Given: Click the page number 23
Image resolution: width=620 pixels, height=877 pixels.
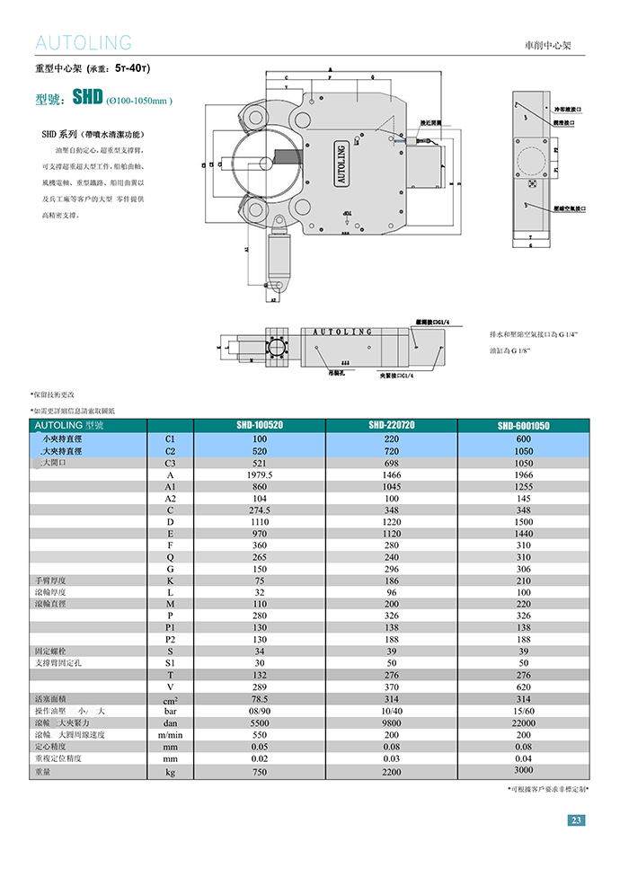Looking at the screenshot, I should coord(576,819).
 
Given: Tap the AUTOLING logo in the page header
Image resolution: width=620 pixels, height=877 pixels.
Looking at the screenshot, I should coord(84,42).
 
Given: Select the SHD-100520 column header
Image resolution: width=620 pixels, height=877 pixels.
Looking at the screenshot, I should coord(260,425).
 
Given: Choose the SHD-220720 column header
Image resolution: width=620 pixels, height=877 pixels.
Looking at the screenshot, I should coord(391,424).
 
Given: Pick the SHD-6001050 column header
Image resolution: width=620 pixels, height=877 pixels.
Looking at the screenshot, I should coord(524,426).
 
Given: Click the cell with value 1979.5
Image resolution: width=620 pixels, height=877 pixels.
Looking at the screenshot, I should coord(260,474).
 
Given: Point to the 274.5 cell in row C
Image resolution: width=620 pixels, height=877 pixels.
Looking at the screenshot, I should coord(260,509).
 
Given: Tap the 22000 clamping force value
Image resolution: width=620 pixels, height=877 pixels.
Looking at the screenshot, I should coord(524,722).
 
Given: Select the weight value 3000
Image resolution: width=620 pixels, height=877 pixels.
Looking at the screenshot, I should coord(524,770).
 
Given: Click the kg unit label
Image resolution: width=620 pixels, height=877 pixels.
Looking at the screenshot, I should coord(170,771).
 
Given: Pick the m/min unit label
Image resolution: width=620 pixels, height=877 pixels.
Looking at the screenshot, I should coord(170,735).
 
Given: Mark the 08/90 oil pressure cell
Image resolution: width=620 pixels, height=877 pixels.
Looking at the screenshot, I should coord(260,711).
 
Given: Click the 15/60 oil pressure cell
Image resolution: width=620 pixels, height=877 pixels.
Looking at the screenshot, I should coord(524,711).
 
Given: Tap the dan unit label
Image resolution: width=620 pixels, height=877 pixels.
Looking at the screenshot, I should coord(170,722).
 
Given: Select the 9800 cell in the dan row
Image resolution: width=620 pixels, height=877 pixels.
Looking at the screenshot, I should coord(391,722).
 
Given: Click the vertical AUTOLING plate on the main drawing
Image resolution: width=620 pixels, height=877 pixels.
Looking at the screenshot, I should coord(341,164).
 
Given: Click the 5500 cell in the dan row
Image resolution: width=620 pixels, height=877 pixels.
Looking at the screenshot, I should coord(260,722).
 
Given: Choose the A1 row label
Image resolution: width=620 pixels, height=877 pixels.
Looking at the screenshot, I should coord(170,486).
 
